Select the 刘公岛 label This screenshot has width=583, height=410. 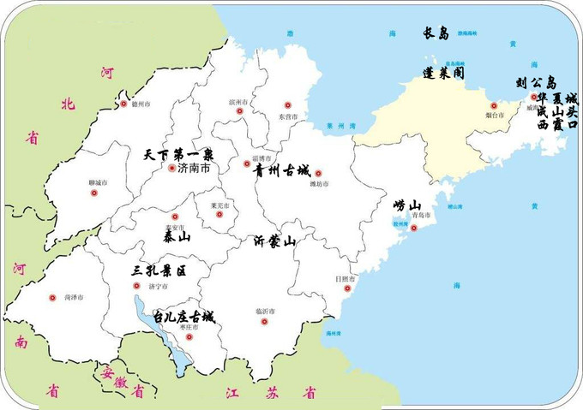536,82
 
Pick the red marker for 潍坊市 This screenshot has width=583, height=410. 318,174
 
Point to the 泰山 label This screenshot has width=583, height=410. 175,235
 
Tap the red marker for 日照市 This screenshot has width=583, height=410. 347,288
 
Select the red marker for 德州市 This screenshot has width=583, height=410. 123,104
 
